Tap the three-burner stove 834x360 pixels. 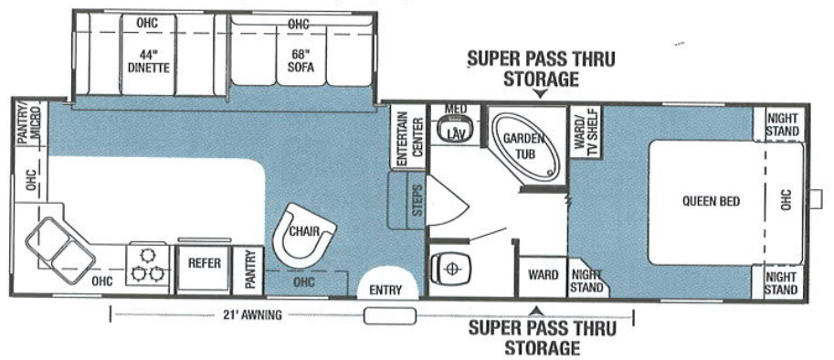click(147, 263)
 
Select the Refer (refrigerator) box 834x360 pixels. click(206, 262)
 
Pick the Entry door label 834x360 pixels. click(385, 291)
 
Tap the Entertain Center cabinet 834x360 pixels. click(406, 140)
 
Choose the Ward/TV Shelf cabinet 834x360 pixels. click(584, 132)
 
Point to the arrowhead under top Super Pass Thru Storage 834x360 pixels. click(540, 93)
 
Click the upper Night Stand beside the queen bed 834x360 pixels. click(783, 124)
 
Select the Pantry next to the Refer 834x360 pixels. click(248, 269)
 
